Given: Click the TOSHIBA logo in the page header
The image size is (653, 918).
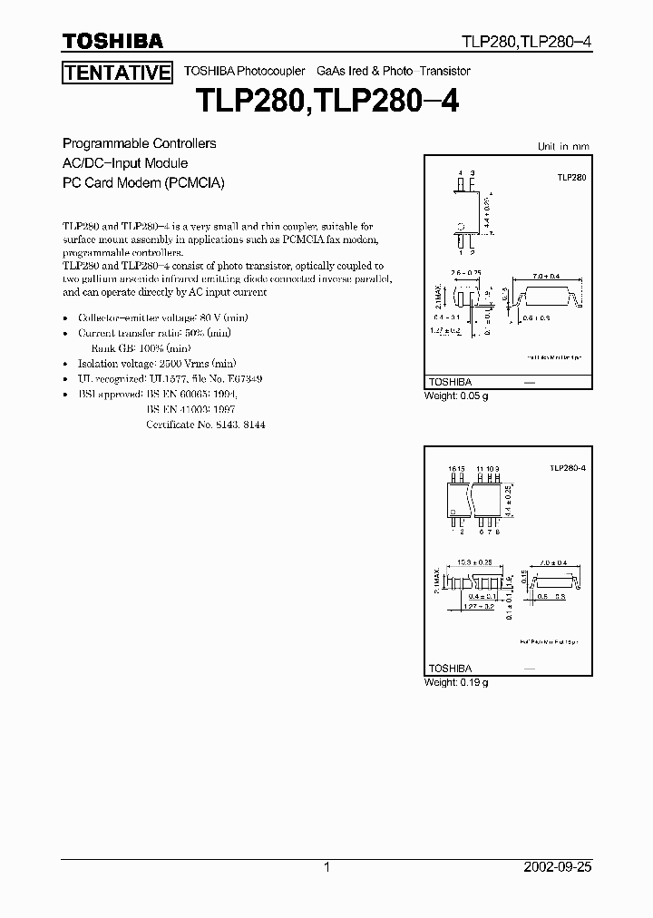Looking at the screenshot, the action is [112, 41].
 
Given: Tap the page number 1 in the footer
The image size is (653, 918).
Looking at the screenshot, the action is [326, 867].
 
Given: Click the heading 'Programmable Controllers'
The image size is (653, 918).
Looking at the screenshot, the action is [139, 143].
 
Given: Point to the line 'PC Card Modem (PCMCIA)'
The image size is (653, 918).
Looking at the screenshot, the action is [142, 182].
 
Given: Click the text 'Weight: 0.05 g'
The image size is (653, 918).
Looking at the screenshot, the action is [456, 396].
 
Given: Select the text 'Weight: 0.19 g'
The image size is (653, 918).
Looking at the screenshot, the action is [456, 682].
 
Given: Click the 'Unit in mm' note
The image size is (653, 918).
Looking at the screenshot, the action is [563, 146].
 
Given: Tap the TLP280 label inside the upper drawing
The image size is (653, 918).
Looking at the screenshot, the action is [572, 178].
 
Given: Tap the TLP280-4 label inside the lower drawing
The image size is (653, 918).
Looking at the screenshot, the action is [568, 466].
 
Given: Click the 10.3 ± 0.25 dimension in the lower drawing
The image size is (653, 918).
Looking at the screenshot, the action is [473, 562].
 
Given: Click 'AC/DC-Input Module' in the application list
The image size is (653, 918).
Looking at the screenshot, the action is [124, 163].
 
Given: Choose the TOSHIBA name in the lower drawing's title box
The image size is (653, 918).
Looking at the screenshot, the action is [451, 668].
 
